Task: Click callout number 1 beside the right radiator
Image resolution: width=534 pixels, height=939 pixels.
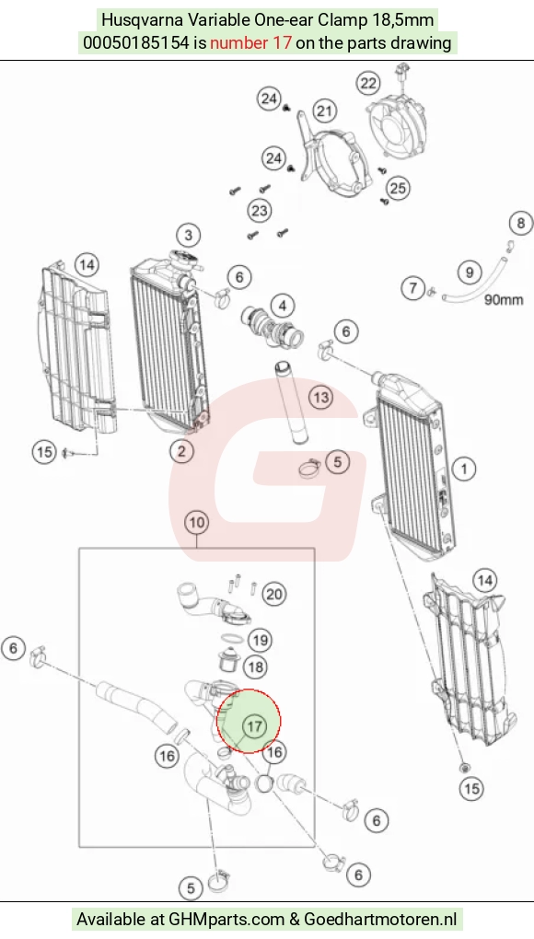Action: pyautogui.click(x=464, y=469)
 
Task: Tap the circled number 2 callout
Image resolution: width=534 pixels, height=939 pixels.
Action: pyautogui.click(x=181, y=451)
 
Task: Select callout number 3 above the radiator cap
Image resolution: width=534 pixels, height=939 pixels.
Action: pyautogui.click(x=189, y=235)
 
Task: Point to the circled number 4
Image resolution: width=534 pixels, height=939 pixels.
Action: pyautogui.click(x=282, y=306)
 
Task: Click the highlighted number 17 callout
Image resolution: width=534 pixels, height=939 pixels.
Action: pyautogui.click(x=254, y=726)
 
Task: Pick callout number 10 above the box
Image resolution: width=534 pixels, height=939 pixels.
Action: pyautogui.click(x=197, y=522)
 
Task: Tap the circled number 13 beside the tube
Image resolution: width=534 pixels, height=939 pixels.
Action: pyautogui.click(x=321, y=397)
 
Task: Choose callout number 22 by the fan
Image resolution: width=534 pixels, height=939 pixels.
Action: pyautogui.click(x=369, y=83)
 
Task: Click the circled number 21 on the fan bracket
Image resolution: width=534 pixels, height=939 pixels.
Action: pyautogui.click(x=324, y=110)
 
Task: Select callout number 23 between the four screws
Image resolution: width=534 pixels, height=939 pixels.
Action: pyautogui.click(x=260, y=210)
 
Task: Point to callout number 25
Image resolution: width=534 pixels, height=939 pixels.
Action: pyautogui.click(x=398, y=188)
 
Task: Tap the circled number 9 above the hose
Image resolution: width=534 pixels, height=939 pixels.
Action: pyautogui.click(x=470, y=272)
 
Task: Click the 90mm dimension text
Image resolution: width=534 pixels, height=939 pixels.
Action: pyautogui.click(x=504, y=299)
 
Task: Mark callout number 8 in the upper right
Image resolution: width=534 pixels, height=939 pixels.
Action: pyautogui.click(x=521, y=224)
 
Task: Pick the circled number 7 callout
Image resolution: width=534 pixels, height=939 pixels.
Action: pyautogui.click(x=412, y=288)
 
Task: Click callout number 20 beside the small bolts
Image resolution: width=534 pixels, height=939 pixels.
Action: pyautogui.click(x=273, y=594)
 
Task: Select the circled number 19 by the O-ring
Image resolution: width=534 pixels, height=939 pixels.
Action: pyautogui.click(x=260, y=640)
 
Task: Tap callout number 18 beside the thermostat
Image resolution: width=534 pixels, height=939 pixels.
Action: pyautogui.click(x=256, y=667)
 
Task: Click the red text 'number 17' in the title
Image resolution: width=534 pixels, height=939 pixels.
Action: pyautogui.click(x=250, y=42)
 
